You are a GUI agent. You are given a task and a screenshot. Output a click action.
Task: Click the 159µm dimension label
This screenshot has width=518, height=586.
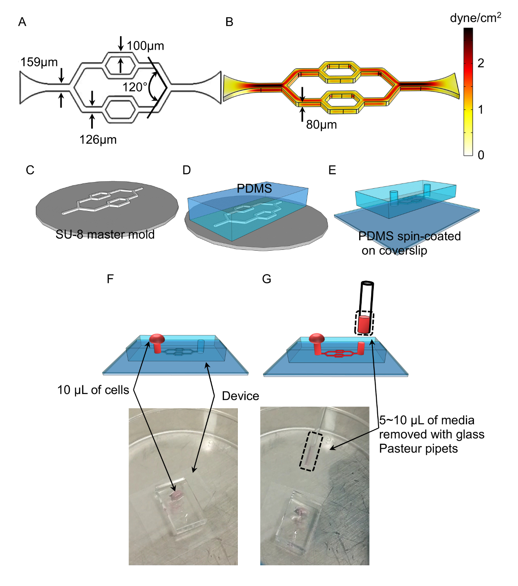click(39, 62)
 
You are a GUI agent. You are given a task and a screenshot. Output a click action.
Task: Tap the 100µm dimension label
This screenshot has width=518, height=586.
click(145, 46)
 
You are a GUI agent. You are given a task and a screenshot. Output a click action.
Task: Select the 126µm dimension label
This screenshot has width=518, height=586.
click(98, 139)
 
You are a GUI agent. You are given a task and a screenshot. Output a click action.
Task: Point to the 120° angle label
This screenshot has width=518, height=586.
click(134, 87)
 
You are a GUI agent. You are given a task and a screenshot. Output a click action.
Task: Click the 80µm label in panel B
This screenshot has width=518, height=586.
click(322, 125)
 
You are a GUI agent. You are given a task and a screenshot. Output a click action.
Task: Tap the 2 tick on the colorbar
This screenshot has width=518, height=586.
click(480, 63)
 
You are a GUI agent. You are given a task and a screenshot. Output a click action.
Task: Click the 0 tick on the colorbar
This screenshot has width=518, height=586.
click(481, 155)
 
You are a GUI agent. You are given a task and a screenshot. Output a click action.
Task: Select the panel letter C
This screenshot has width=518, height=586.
click(30, 170)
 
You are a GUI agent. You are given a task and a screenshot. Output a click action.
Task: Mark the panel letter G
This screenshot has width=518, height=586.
click(267, 279)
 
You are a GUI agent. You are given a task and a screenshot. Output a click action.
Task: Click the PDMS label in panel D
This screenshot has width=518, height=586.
click(254, 189)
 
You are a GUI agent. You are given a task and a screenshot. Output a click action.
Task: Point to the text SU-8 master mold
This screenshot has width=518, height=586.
click(105, 234)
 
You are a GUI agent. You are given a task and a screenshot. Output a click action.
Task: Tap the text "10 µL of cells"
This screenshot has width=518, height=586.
click(93, 390)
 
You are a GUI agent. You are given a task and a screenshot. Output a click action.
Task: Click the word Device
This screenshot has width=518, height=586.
click(240, 396)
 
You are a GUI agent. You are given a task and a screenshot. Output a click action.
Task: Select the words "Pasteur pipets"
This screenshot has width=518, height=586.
click(418, 449)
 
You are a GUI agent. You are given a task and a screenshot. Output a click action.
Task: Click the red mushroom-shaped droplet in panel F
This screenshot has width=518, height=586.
click(157, 339)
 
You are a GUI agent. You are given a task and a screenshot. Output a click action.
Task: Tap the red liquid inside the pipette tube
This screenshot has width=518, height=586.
click(364, 324)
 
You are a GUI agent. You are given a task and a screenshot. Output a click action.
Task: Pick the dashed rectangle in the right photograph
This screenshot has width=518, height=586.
click(311, 451)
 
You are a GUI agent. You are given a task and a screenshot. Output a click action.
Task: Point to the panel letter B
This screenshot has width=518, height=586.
click(229, 22)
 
